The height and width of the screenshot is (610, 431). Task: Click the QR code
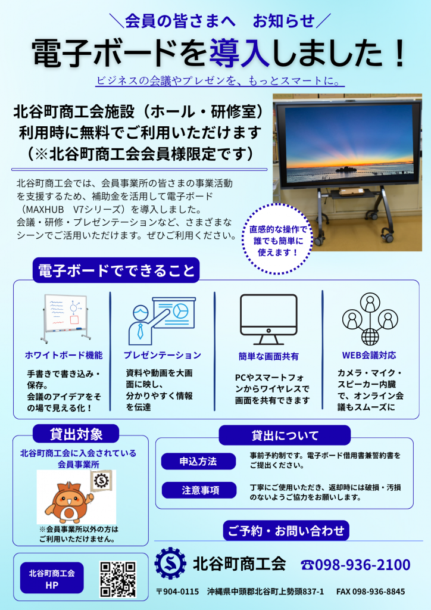(118, 579)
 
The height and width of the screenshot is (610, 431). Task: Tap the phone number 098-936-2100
(362, 565)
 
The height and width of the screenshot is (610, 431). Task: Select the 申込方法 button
(198, 462)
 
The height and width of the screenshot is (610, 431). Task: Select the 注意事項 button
(199, 490)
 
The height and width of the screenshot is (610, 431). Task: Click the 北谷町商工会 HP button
(52, 578)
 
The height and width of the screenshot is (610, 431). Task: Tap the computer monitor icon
(268, 319)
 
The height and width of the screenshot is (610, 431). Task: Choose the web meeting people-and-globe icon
(370, 319)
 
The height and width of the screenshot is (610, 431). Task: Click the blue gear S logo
(170, 564)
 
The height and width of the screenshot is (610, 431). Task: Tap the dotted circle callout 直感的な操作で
(277, 239)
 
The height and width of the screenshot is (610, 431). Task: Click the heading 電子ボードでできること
(116, 270)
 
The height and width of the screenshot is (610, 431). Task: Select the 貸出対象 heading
(76, 434)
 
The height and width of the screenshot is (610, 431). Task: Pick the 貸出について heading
(285, 435)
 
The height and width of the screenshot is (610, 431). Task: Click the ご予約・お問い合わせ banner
(286, 531)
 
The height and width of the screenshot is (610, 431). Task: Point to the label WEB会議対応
(369, 355)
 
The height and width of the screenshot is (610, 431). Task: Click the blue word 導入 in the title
(239, 53)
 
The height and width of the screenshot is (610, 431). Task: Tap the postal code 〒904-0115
(177, 592)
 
